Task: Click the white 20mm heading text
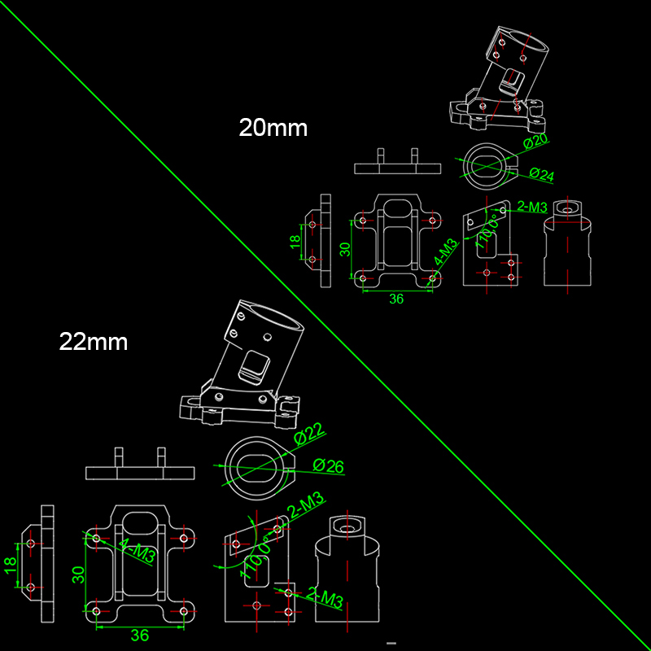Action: [x=273, y=128]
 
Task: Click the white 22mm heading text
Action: [x=94, y=342]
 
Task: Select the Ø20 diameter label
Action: [x=535, y=141]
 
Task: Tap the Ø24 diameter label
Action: [x=542, y=175]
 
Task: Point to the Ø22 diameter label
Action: [x=309, y=434]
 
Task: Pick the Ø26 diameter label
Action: [x=329, y=465]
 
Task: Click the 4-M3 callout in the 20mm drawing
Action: [x=445, y=252]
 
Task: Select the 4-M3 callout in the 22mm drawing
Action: [x=137, y=551]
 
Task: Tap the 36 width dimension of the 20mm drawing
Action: [x=396, y=299]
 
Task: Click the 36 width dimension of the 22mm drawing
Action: [x=139, y=636]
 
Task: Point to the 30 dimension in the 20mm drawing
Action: [x=345, y=249]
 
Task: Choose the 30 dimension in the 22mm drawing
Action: [x=78, y=575]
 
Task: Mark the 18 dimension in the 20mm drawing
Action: [x=295, y=242]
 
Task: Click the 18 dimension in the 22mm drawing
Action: [x=11, y=566]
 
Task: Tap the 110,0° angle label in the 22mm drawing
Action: [x=256, y=557]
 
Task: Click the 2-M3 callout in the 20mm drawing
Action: [x=532, y=207]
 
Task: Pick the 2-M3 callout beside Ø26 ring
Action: [x=307, y=505]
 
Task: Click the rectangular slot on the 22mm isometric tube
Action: [x=254, y=366]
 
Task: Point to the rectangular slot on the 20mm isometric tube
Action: [x=512, y=81]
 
